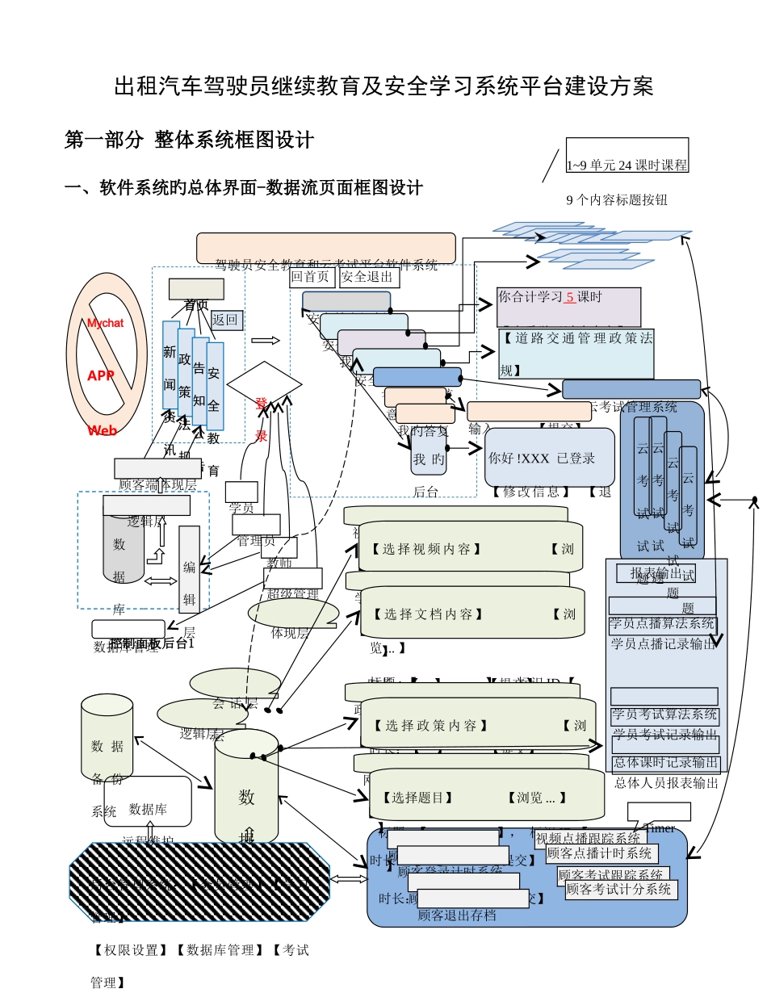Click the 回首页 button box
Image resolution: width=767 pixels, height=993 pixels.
click(312, 278)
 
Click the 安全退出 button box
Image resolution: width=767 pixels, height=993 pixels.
click(369, 278)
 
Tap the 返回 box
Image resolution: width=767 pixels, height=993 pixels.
click(226, 320)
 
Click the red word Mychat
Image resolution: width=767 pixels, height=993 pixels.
click(105, 323)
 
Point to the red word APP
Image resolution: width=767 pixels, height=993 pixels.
click(101, 375)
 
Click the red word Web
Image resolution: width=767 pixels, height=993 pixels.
click(103, 430)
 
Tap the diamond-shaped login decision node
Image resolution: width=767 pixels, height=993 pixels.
click(263, 386)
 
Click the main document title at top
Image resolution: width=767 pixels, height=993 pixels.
click(383, 86)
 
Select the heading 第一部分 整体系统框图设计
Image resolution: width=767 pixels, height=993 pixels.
click(189, 140)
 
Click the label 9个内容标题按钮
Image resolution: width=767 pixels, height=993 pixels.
click(617, 199)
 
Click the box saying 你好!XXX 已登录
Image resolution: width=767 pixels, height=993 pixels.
click(549, 457)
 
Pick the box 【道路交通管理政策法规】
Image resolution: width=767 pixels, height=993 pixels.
click(576, 354)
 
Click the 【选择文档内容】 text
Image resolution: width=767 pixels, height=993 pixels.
click(423, 614)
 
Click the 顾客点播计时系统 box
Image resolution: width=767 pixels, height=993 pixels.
click(601, 853)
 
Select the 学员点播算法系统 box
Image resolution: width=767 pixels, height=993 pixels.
click(663, 624)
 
